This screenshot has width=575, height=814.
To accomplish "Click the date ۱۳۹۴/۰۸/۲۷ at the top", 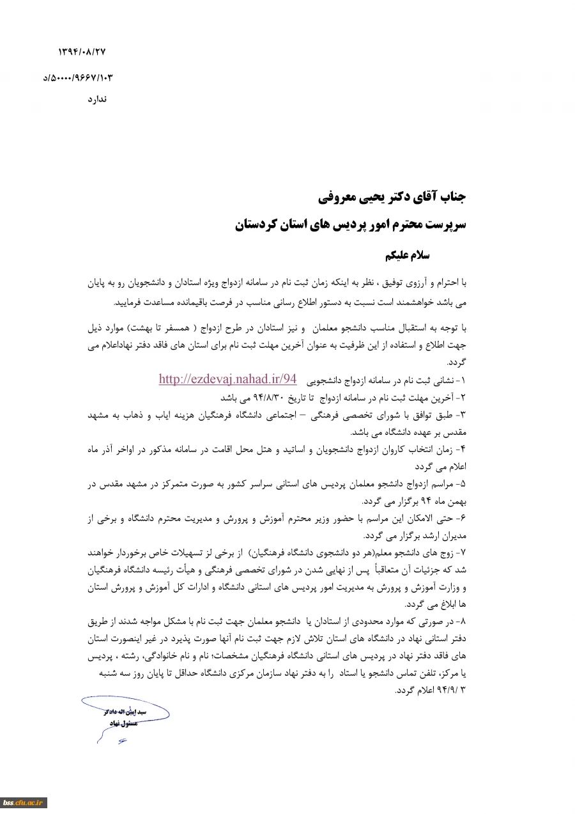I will [x=81, y=51].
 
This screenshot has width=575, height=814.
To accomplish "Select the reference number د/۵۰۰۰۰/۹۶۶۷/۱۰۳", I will [x=78, y=77].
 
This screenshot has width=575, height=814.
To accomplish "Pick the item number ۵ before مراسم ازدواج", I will [x=464, y=485].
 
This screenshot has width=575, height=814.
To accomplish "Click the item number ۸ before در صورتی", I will [x=464, y=622].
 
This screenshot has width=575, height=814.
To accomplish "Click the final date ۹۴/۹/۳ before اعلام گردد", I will [x=451, y=691].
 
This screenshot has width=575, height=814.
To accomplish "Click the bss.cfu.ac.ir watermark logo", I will [x=24, y=802].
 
